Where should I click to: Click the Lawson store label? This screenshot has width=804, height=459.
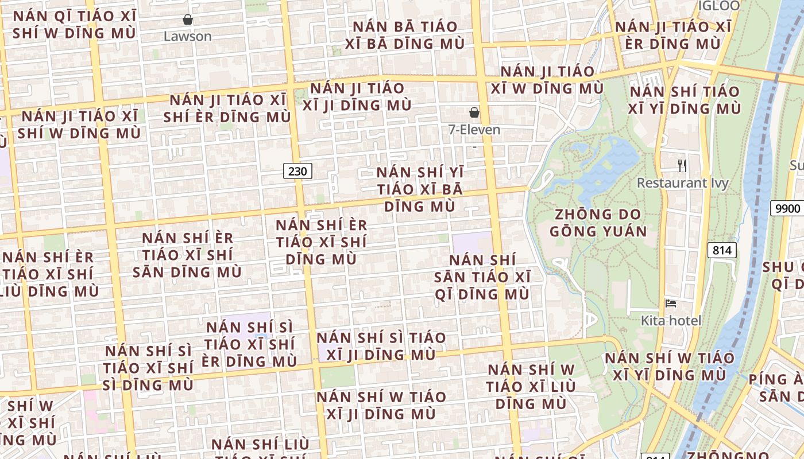coord(188,36)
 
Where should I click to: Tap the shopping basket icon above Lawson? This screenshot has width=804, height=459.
coord(188,20)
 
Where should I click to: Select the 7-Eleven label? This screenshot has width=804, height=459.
coord(474,130)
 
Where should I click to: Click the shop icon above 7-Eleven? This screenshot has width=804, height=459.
coord(474,112)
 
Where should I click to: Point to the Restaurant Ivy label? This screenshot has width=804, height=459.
coord(682,183)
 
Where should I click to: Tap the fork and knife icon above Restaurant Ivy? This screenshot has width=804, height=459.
coord(682,166)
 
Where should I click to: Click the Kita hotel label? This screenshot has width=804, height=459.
coord(671,320)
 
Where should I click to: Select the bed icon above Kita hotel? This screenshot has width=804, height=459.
coord(671,304)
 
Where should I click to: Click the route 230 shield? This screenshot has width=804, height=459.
coord(297,170)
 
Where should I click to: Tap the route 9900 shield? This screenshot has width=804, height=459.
coord(787,208)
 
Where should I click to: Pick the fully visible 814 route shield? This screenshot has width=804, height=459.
coord(722,250)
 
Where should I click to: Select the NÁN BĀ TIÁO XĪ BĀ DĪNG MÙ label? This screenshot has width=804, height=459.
coord(405,35)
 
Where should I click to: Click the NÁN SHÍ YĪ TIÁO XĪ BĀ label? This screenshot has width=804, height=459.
coord(420,189)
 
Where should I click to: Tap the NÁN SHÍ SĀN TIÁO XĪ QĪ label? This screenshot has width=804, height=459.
coord(482,277)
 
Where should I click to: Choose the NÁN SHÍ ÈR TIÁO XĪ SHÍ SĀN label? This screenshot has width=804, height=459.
coord(187,255)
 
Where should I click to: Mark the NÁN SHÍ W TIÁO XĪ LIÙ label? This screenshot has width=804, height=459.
coord(531,386)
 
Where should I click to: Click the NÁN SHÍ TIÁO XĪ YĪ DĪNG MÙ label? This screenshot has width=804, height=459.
coord(685,100)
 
